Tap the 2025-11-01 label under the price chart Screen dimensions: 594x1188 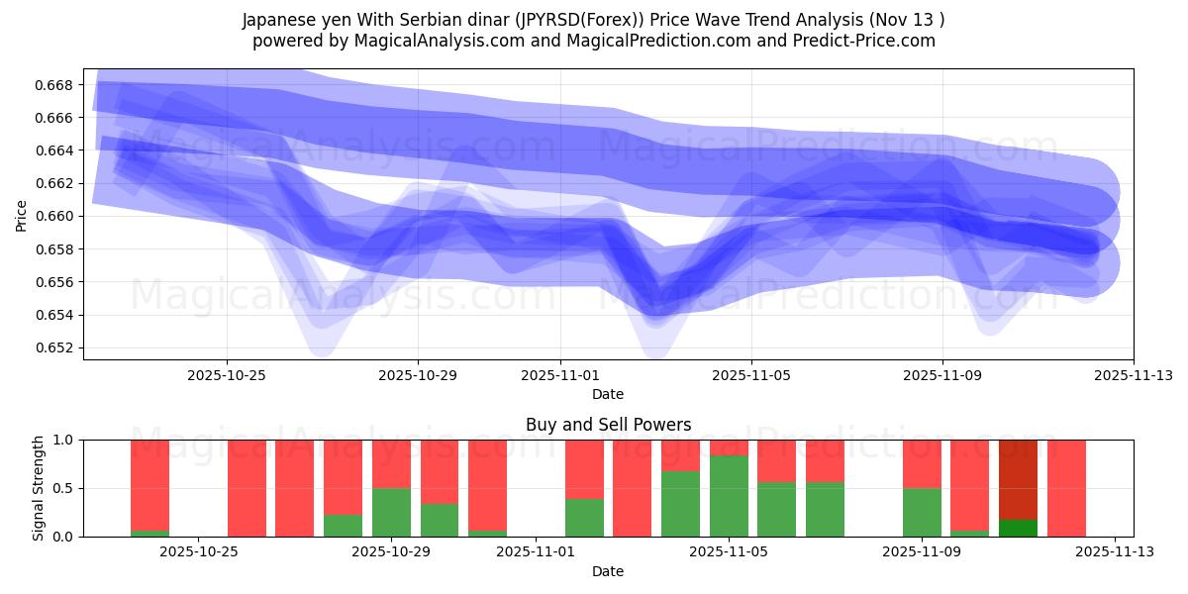(x=560, y=375)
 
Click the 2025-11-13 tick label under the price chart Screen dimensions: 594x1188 (x=1133, y=375)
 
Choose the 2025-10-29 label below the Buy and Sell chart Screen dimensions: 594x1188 (x=392, y=552)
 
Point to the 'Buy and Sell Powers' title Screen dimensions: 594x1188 (x=608, y=425)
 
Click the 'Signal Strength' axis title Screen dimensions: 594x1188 (x=40, y=488)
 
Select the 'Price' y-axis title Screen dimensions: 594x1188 (x=22, y=216)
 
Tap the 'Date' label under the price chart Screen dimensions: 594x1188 (x=608, y=394)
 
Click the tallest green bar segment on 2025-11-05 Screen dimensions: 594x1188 (x=729, y=496)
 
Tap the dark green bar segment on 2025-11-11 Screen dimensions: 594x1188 (x=1018, y=528)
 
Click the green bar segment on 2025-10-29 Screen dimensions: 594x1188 (x=391, y=512)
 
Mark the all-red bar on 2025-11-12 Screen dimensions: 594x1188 (x=1066, y=488)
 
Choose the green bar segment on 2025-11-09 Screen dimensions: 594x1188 (x=922, y=512)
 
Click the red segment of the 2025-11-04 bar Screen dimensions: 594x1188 (x=680, y=455)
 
